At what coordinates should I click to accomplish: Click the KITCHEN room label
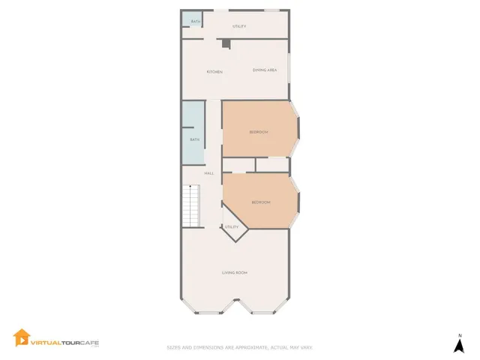pyautogui.click(x=214, y=71)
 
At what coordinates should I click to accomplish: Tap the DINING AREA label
pyautogui.click(x=265, y=70)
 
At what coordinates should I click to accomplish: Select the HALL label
pyautogui.click(x=208, y=173)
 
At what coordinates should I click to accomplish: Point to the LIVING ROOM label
pyautogui.click(x=235, y=272)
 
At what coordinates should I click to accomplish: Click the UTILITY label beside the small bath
pyautogui.click(x=239, y=26)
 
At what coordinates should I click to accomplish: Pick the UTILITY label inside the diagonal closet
pyautogui.click(x=232, y=227)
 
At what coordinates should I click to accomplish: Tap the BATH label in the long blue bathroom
pyautogui.click(x=194, y=139)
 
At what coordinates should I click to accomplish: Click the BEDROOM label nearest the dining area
pyautogui.click(x=258, y=132)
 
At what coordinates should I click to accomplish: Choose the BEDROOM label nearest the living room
pyautogui.click(x=260, y=202)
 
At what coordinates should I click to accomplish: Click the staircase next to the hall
pyautogui.click(x=192, y=207)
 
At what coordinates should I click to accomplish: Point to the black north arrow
pyautogui.click(x=459, y=345)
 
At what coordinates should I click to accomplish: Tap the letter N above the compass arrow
pyautogui.click(x=459, y=334)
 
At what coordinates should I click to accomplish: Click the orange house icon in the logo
pyautogui.click(x=22, y=338)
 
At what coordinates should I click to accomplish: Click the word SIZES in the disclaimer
pyautogui.click(x=173, y=347)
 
